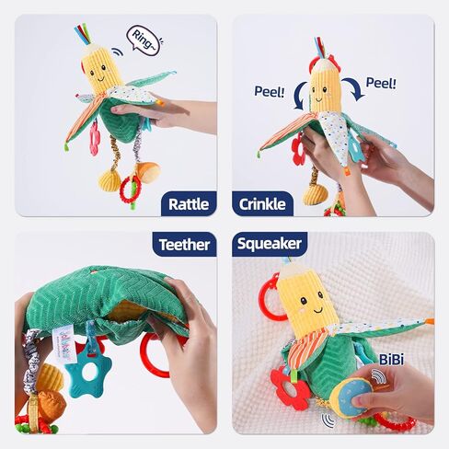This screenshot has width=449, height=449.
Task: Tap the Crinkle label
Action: (262, 204)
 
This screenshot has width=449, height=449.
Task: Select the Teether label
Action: (184, 244)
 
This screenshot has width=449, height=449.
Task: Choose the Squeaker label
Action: (269, 244)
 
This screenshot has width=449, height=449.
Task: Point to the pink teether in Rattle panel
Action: (95, 138)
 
